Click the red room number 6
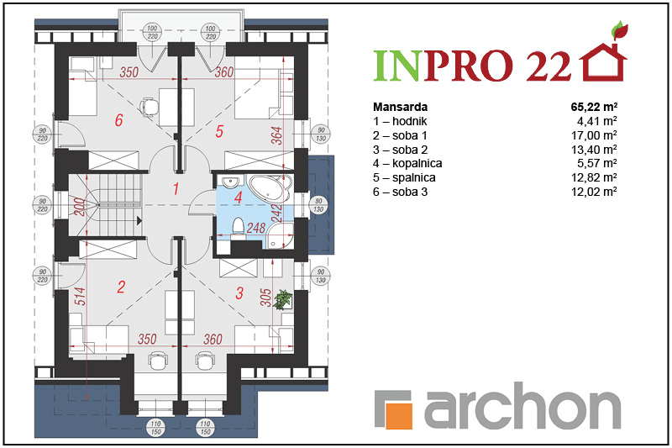pos(118,120)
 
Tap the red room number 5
pos(219,131)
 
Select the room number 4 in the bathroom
pos(239,198)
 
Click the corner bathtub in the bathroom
pos(270,187)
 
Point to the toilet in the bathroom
pos(239,226)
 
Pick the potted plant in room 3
pos(283,299)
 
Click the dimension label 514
pos(80,296)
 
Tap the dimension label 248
pos(256,228)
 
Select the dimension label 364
pos(277,135)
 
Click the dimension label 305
pos(265,298)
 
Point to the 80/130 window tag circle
pos(318,205)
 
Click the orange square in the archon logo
pos(398,415)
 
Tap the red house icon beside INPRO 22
pos(603,61)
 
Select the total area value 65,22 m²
pos(594,107)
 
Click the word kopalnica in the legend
pos(417,163)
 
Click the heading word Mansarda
pos(401,107)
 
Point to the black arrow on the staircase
pos(139,221)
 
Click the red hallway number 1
pos(176,188)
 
